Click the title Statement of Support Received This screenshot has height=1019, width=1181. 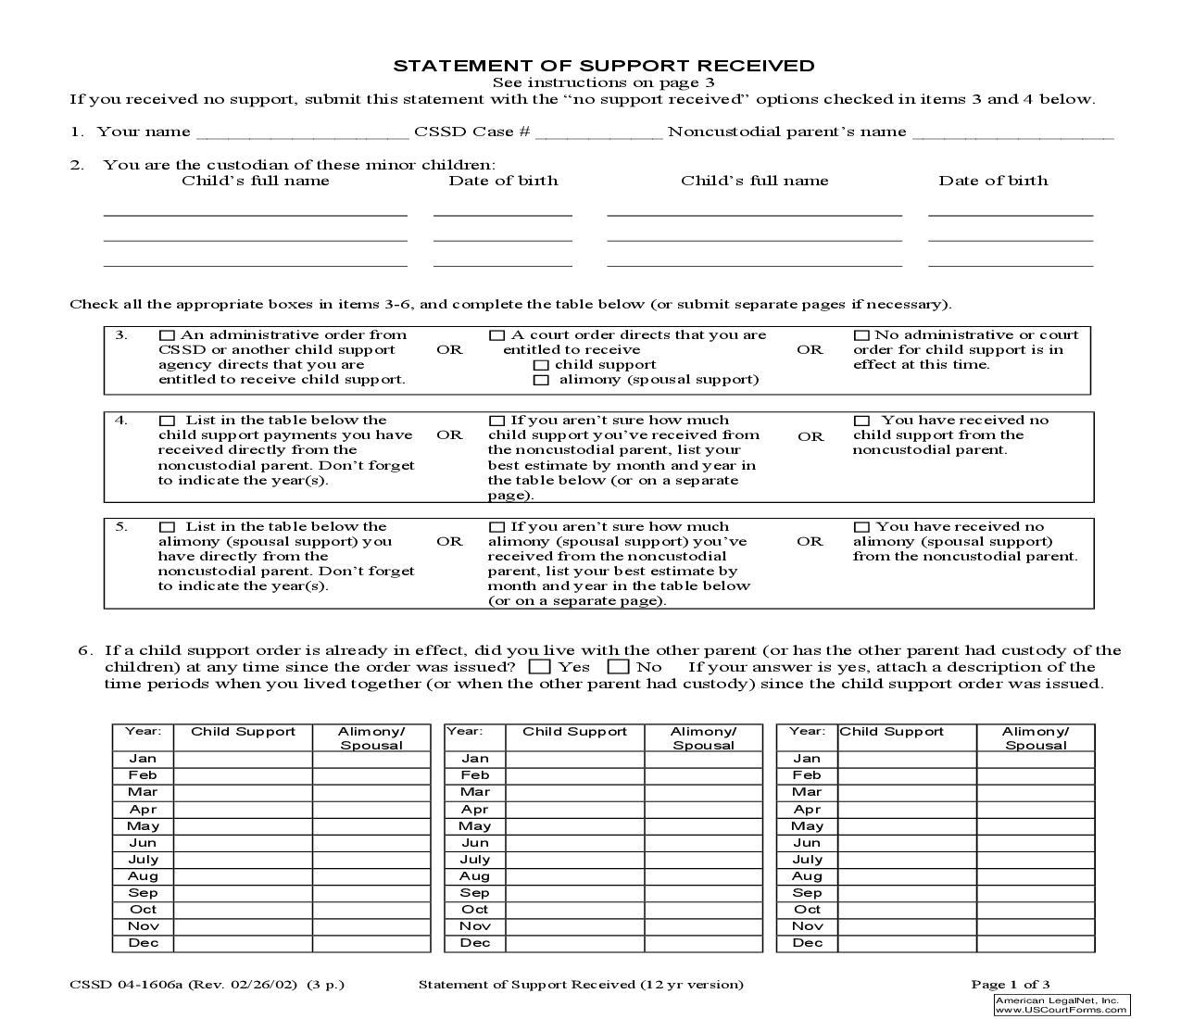pos(604,66)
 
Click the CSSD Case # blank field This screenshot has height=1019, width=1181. pos(598,132)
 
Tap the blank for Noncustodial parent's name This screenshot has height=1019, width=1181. pos(1012,132)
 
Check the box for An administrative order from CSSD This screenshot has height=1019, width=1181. pos(167,335)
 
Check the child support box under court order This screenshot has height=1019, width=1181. pos(541,365)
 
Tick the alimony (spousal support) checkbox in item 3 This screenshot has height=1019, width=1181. pos(541,380)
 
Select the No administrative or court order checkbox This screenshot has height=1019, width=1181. pos(861,335)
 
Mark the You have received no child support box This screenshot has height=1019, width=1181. pos(861,421)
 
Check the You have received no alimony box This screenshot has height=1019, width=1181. pos(861,527)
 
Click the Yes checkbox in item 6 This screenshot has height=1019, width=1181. pos(540,667)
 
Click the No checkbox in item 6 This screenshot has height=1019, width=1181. pos(619,667)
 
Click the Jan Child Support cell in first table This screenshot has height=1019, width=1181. pos(243,759)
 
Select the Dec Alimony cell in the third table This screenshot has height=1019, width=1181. pos(1036,943)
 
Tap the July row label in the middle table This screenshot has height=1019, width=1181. pos(474,860)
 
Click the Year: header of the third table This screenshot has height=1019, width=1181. pos(806,732)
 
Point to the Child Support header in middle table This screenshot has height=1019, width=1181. pos(574,732)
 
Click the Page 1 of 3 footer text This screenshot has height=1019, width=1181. pos(1010,985)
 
